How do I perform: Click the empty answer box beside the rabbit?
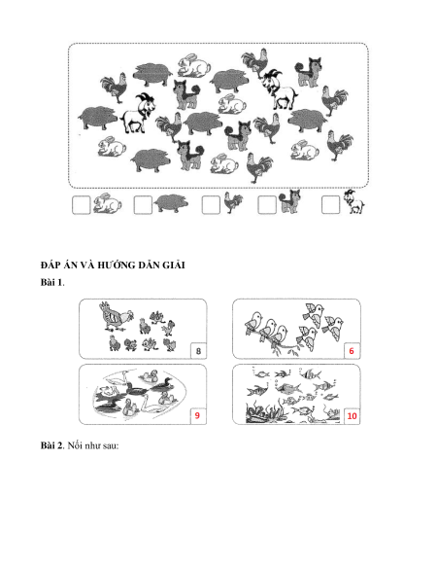[82, 205]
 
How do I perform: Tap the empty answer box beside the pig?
[143, 205]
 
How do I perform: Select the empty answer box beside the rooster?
[211, 205]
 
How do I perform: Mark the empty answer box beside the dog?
[267, 205]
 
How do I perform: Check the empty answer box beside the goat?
[330, 205]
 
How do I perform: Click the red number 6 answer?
[352, 351]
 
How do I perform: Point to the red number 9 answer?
[197, 415]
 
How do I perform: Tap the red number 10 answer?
[352, 416]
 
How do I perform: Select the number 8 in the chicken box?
[198, 351]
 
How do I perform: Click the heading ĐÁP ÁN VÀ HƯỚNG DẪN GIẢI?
[113, 265]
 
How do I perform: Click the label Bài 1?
[51, 282]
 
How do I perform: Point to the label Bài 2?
[51, 445]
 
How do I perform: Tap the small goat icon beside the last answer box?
[353, 202]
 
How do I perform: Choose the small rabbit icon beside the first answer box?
[107, 203]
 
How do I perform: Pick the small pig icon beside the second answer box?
[171, 204]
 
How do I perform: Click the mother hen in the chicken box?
[116, 317]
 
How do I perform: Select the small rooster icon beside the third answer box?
[233, 203]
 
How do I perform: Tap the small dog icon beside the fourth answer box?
[289, 202]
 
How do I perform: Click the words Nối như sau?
[93, 445]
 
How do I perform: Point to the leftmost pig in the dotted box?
[97, 118]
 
